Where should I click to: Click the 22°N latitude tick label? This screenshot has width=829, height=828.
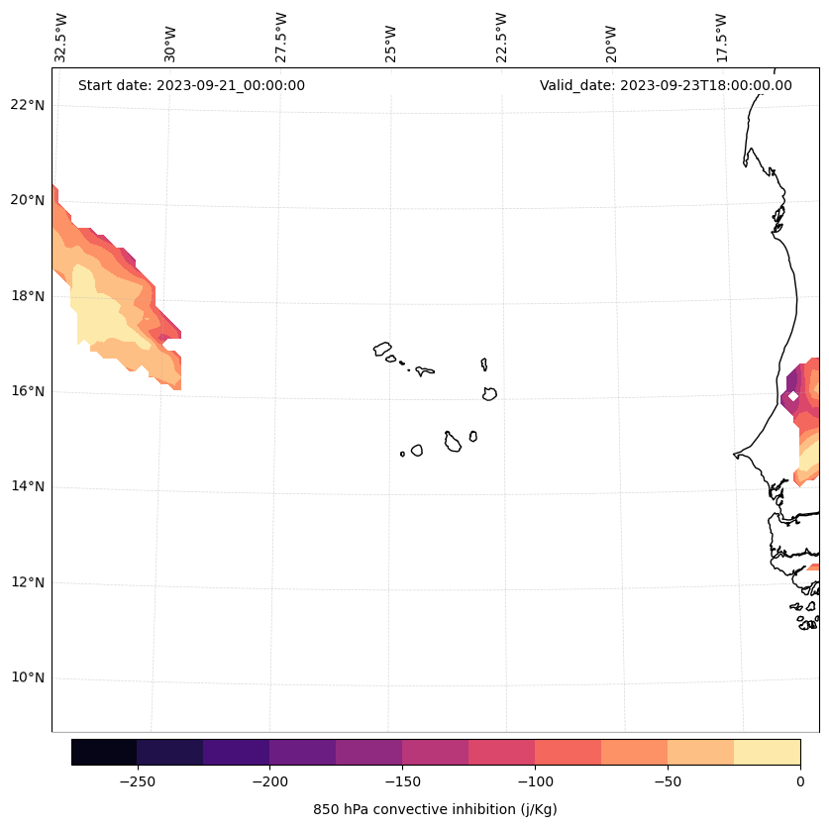[x=27, y=105]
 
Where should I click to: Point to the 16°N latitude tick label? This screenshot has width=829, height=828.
[x=27, y=391]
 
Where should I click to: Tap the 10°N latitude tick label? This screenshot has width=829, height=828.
[x=27, y=678]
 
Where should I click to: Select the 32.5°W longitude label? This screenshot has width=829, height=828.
[x=61, y=38]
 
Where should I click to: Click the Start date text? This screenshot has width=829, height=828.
[x=191, y=85]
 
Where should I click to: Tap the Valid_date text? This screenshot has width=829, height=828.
[x=666, y=85]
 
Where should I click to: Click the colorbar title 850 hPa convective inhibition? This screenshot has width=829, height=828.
[x=435, y=809]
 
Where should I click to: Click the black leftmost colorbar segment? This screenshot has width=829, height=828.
[x=104, y=752]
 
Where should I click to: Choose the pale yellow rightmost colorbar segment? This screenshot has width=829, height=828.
[x=767, y=752]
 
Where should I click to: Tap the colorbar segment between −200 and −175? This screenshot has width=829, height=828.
[x=302, y=752]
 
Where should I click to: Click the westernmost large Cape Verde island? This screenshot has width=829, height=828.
[x=382, y=349]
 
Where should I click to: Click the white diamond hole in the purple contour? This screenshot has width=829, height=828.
[x=792, y=396]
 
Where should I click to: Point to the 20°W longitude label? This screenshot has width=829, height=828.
[x=611, y=42]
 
